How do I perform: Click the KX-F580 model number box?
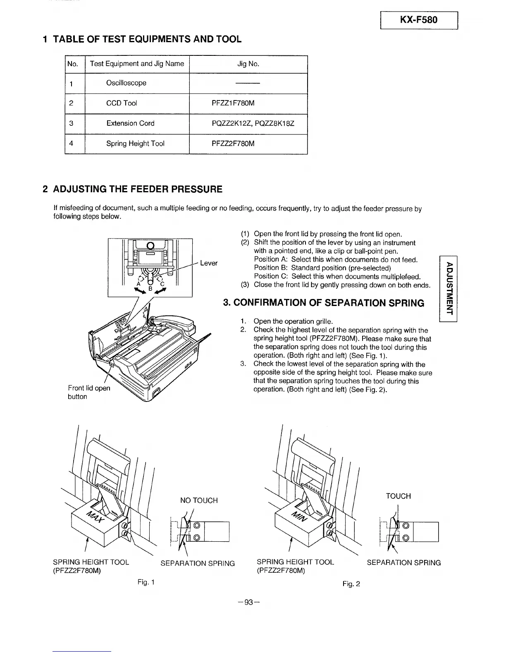pyautogui.click(x=419, y=19)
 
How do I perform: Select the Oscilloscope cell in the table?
pyautogui.click(x=126, y=83)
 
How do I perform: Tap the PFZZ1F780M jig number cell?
pyautogui.click(x=233, y=103)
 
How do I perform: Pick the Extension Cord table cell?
pyautogui.click(x=130, y=123)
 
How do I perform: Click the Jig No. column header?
pyautogui.click(x=248, y=64)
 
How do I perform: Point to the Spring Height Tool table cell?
pyautogui.click(x=135, y=143)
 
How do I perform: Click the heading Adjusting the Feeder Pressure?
pyautogui.click(x=133, y=189)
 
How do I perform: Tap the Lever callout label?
pyautogui.click(x=208, y=263)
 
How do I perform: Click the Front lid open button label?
pyautogui.click(x=88, y=392)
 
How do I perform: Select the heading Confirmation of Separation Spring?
pyautogui.click(x=323, y=303)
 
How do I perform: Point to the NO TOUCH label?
pyautogui.click(x=199, y=500)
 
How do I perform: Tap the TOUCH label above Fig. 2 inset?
pyautogui.click(x=398, y=496)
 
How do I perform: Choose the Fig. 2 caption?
pyautogui.click(x=351, y=584)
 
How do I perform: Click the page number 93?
pyautogui.click(x=248, y=602)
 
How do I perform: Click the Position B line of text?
pyautogui.click(x=322, y=268)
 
